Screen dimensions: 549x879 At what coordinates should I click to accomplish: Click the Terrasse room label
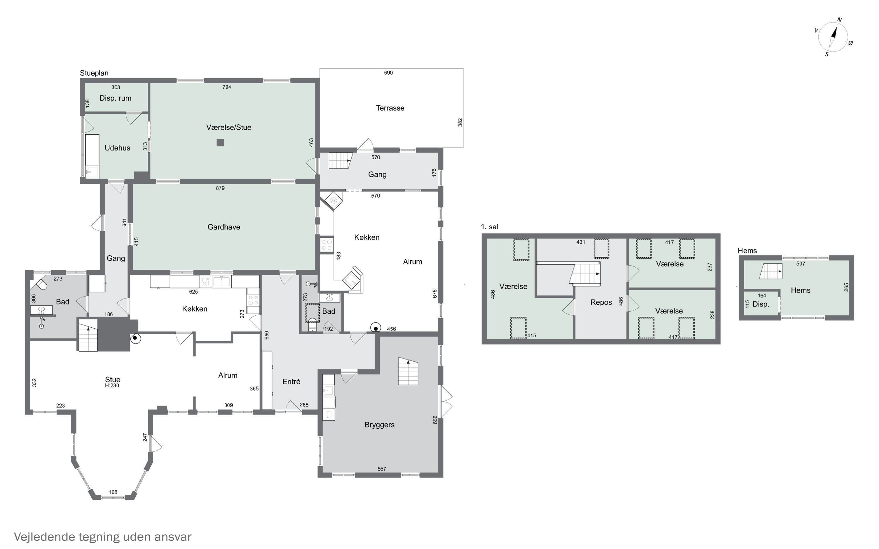pyautogui.click(x=390, y=108)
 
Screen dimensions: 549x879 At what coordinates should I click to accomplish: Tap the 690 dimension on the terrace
pyautogui.click(x=388, y=73)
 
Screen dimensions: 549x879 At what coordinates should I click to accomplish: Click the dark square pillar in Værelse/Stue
pyautogui.click(x=220, y=142)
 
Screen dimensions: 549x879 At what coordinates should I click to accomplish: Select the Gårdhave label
pyautogui.click(x=224, y=227)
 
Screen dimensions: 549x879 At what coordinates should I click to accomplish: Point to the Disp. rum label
pyautogui.click(x=115, y=98)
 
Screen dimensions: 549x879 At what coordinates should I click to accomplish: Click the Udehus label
pyautogui.click(x=117, y=148)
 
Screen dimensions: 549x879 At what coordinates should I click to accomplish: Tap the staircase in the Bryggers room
pyautogui.click(x=408, y=371)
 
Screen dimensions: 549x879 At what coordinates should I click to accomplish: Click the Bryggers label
pyautogui.click(x=379, y=425)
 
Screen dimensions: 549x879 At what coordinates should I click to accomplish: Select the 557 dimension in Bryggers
pyautogui.click(x=381, y=469)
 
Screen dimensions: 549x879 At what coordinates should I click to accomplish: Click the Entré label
pyautogui.click(x=291, y=381)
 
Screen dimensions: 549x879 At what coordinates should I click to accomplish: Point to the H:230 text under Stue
pyautogui.click(x=112, y=386)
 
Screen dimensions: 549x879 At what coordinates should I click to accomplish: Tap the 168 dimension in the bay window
pyautogui.click(x=113, y=492)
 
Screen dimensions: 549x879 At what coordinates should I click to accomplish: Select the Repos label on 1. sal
pyautogui.click(x=601, y=302)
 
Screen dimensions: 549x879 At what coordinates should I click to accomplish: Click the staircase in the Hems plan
pyautogui.click(x=770, y=271)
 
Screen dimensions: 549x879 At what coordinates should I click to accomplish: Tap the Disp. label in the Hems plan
pyautogui.click(x=761, y=304)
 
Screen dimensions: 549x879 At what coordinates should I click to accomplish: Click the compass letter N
pyautogui.click(x=839, y=20)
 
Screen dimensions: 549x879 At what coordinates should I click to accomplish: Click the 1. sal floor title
pyautogui.click(x=489, y=227)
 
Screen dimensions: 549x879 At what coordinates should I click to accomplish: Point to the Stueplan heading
pyautogui.click(x=94, y=73)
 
